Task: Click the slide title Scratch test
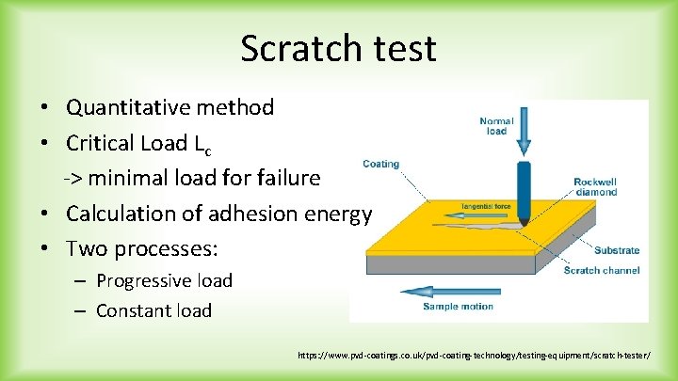(338, 48)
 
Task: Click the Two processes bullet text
(141, 249)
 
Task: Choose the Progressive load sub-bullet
(164, 280)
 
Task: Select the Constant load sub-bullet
(153, 310)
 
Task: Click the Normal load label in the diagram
(496, 126)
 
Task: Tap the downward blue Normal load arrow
(525, 132)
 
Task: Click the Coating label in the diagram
(380, 164)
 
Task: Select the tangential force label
(486, 205)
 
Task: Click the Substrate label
(616, 250)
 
